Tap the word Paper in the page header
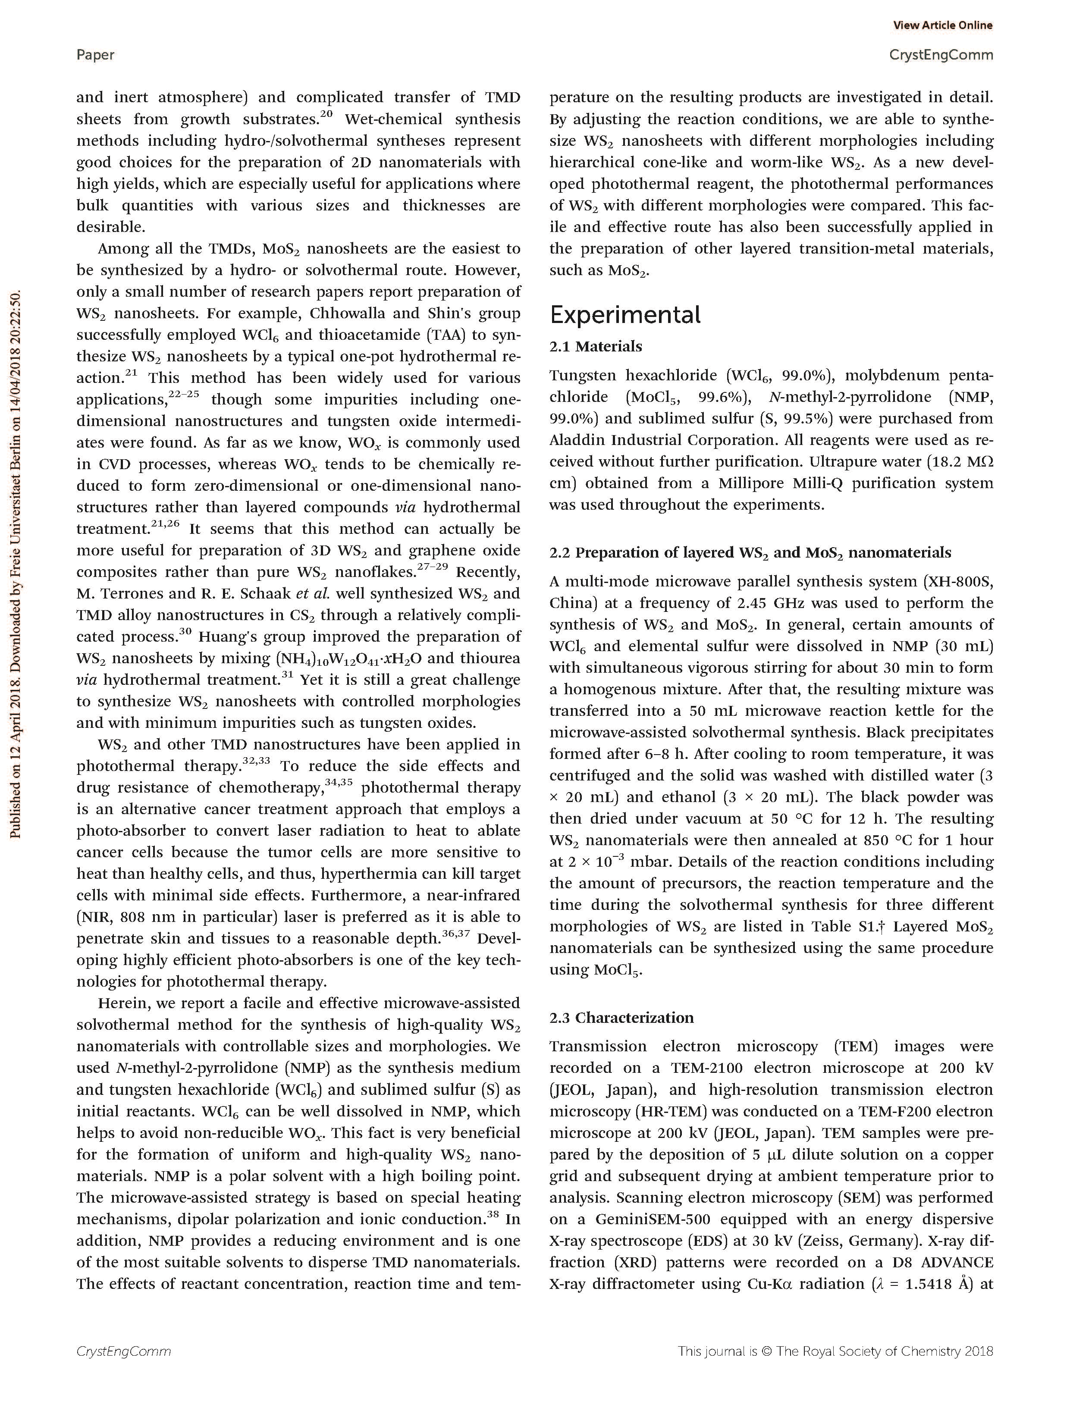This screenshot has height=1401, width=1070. [x=96, y=55]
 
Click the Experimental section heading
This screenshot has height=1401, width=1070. [x=625, y=315]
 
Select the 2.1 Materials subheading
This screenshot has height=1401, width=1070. [x=596, y=346]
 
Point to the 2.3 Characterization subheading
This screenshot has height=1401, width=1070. [x=621, y=1018]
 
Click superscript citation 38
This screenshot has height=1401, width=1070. [x=493, y=1214]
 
